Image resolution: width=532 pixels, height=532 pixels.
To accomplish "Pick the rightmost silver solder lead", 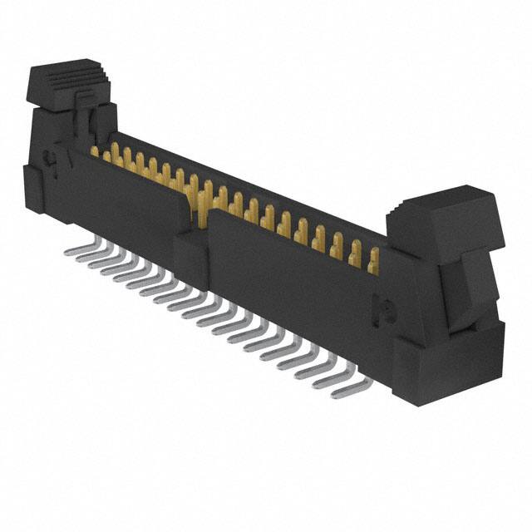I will click(347, 388).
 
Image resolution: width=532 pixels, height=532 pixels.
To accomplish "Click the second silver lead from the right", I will click(330, 376).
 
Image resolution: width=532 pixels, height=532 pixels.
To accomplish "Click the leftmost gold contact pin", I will click(95, 150).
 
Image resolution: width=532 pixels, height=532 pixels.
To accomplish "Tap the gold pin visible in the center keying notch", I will click(201, 208).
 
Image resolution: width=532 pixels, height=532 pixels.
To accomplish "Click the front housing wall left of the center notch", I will click(133, 199).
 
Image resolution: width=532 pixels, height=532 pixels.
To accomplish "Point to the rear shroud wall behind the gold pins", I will click(249, 179).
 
